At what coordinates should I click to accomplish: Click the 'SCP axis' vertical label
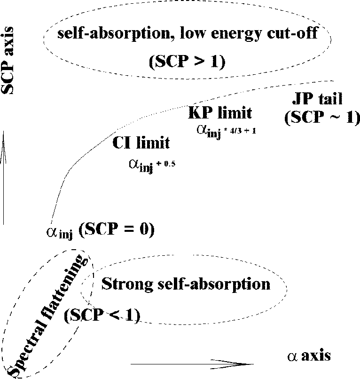coord(7,61)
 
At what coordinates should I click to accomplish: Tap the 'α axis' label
coord(309,356)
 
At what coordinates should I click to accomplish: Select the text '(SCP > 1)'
coord(187,62)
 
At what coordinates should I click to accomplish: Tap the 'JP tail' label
coord(318,99)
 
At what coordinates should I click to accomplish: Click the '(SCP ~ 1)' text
coord(322,118)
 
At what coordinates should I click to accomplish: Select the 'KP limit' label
coord(220,113)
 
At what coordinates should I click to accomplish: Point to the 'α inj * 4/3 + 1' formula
coord(226,132)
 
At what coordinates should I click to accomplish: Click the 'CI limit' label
coord(141,142)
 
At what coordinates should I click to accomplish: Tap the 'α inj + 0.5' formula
coord(152,166)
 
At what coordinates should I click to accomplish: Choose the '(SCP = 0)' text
coord(117,229)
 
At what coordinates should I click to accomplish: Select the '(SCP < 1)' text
coord(102,315)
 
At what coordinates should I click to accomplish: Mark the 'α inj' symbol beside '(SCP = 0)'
coord(59,233)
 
